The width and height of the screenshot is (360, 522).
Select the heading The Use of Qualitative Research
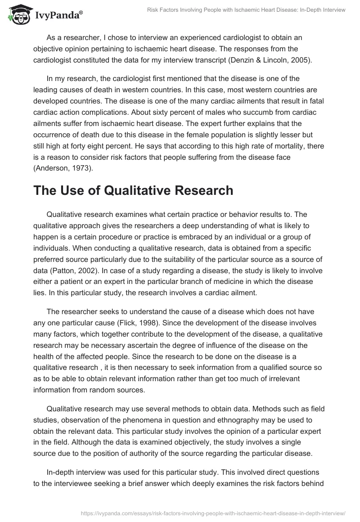pyautogui.click(x=133, y=190)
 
